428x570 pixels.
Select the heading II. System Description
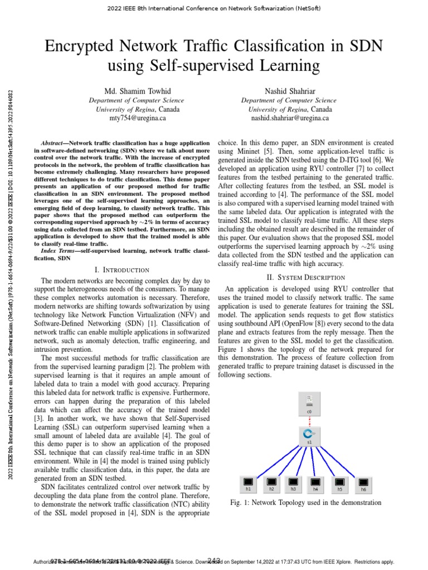306,277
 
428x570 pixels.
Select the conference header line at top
214,8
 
